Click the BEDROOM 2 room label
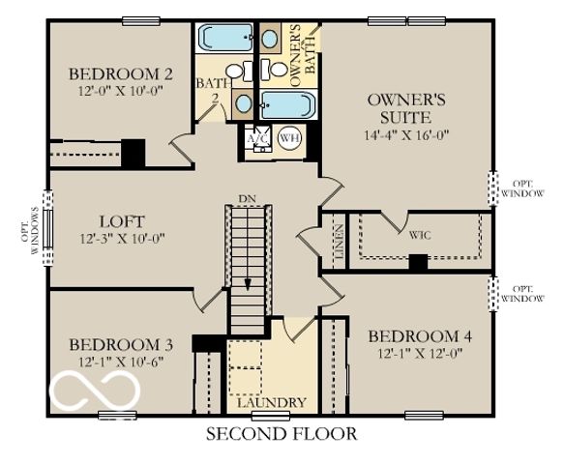pos(121,73)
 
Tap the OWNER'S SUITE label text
pos(405,107)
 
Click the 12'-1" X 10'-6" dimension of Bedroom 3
pos(120,362)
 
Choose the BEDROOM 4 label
pos(420,336)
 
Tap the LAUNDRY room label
pos(274,402)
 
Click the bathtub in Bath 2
pos(223,39)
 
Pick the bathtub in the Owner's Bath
pos(289,105)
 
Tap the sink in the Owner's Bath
pos(246,103)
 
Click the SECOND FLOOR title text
pos(282,434)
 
